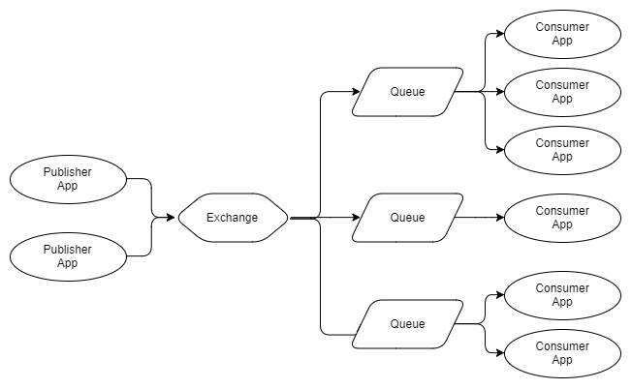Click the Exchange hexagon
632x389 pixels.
click(233, 218)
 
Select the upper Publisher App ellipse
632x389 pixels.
click(68, 179)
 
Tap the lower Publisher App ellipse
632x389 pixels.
click(68, 256)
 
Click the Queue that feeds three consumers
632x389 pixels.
click(407, 92)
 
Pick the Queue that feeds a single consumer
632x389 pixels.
click(407, 218)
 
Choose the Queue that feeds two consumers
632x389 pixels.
click(407, 324)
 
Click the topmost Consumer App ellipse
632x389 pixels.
click(562, 34)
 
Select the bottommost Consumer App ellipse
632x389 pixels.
click(562, 353)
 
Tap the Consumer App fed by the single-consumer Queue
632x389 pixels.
click(562, 218)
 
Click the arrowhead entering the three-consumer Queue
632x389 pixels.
click(356, 92)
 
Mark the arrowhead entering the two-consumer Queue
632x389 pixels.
click(356, 334)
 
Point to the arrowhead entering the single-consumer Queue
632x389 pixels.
click(356, 218)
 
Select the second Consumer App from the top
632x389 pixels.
click(562, 92)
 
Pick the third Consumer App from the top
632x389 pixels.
click(562, 150)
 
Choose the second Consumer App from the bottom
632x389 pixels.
click(562, 295)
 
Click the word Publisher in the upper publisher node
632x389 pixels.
click(68, 172)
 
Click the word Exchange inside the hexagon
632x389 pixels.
click(233, 218)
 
